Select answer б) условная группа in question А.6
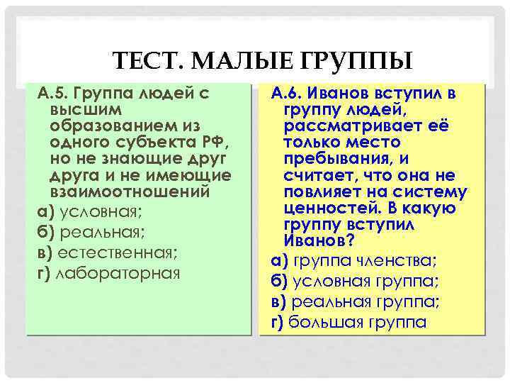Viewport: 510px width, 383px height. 355,281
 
